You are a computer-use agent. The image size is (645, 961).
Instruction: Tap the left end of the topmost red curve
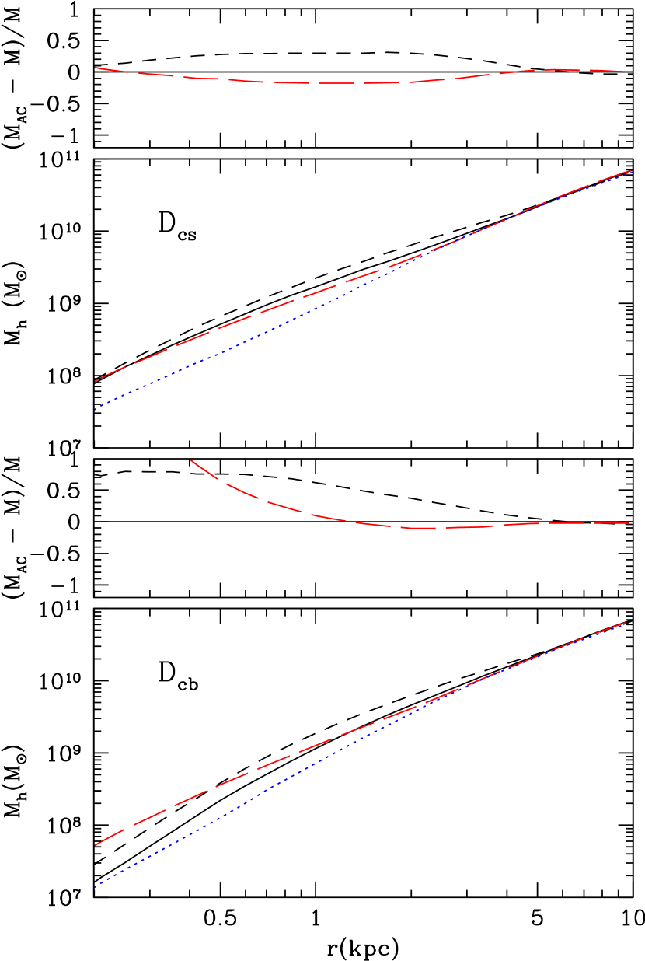click(x=95, y=68)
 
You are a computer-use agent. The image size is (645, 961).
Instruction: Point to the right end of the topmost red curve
click(x=626, y=72)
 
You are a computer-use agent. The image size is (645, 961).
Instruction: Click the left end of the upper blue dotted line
click(x=95, y=409)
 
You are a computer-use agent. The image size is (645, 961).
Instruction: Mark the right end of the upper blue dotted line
click(x=631, y=172)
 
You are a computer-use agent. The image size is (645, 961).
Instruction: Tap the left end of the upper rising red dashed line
click(x=95, y=382)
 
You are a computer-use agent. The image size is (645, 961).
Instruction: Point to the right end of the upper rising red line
click(x=631, y=170)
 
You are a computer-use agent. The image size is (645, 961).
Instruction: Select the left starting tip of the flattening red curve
click(x=191, y=460)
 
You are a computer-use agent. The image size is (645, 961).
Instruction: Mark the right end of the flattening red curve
click(x=629, y=523)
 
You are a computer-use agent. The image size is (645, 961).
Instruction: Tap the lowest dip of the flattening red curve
click(x=424, y=529)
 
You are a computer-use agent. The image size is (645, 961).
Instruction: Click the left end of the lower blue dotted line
click(x=95, y=887)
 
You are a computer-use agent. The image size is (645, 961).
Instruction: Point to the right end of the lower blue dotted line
click(x=626, y=622)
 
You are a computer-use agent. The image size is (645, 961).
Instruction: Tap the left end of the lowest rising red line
click(x=95, y=845)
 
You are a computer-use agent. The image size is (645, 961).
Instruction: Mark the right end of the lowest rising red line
click(x=626, y=622)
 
